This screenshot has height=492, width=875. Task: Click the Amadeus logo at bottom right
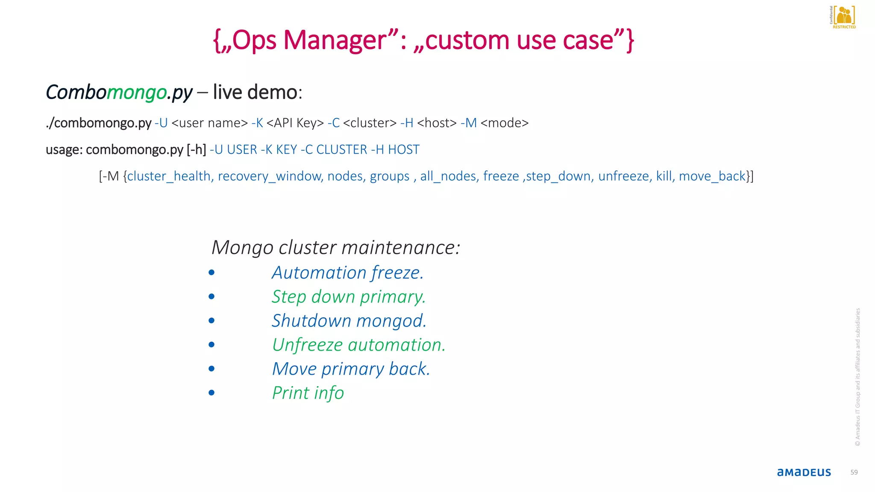(x=804, y=472)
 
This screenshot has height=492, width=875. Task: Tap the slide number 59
(x=854, y=472)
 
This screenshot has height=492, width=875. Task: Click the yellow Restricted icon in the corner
(x=843, y=17)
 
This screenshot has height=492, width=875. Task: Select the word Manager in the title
(x=335, y=40)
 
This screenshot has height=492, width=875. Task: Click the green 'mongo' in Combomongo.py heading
(x=136, y=92)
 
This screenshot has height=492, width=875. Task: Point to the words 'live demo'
(x=255, y=92)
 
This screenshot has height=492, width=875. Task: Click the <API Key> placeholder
(x=295, y=123)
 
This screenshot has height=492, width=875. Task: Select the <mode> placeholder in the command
(x=505, y=123)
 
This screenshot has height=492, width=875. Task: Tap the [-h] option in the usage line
(x=196, y=149)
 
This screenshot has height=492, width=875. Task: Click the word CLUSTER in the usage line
(x=341, y=149)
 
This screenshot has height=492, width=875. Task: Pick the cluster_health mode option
(x=169, y=176)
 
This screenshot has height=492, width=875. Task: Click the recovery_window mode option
(x=270, y=176)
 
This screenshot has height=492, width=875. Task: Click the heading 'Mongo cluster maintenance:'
(x=336, y=247)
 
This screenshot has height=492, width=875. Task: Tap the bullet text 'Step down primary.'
(x=349, y=297)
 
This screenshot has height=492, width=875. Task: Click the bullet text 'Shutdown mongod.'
(x=349, y=321)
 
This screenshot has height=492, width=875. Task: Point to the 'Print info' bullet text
(x=308, y=393)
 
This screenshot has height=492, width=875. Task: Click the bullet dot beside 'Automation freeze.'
(x=211, y=272)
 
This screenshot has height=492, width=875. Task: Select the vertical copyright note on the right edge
(x=857, y=377)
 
